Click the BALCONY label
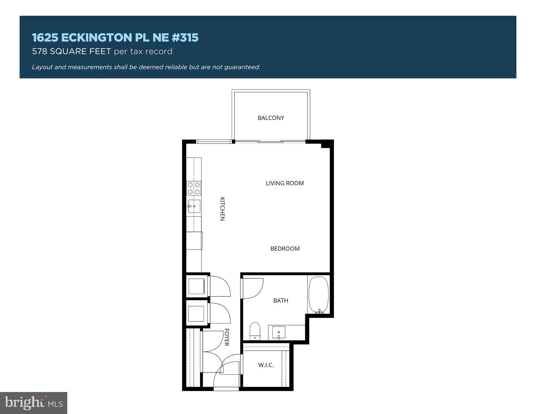click(x=271, y=118)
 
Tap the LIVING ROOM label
click(x=285, y=183)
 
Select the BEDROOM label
click(x=285, y=249)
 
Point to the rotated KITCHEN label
click(x=222, y=209)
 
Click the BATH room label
click(x=281, y=301)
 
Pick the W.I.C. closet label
click(x=266, y=365)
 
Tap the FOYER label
click(x=227, y=337)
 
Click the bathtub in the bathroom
click(x=318, y=295)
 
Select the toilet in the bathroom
click(x=255, y=331)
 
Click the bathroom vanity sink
click(x=279, y=333)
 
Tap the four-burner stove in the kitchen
click(x=193, y=188)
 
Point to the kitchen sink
click(x=194, y=206)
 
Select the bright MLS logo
click(x=33, y=403)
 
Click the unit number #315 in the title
click(x=185, y=38)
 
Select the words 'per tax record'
click(x=143, y=51)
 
